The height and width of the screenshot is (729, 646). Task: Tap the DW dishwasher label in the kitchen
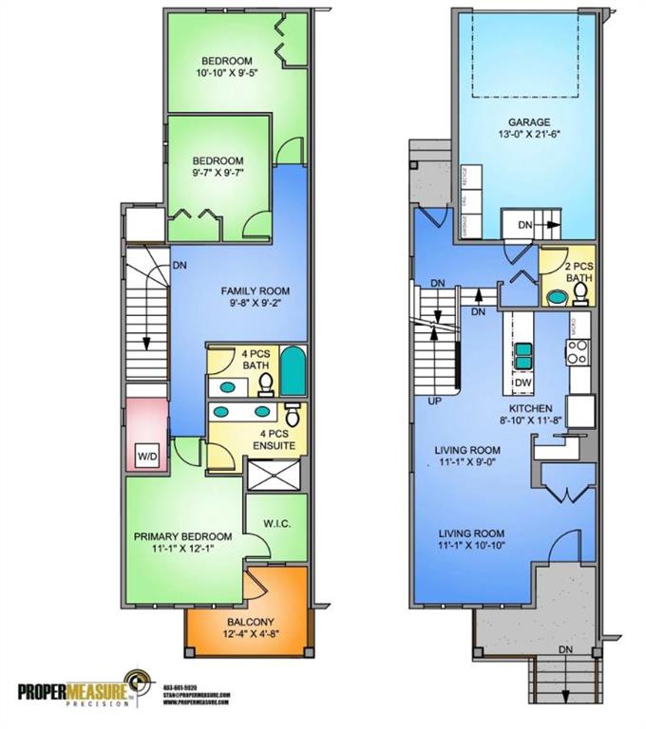522,383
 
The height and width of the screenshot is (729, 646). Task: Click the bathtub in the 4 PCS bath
294,372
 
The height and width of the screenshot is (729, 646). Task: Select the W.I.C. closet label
275,519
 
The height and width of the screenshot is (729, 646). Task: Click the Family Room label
255,290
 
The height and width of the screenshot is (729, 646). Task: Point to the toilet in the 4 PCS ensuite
293,415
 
